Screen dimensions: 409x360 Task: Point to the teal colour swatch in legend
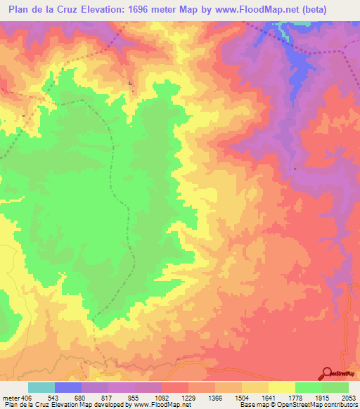[x=41, y=387]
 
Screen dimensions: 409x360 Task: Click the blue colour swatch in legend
[x=67, y=387]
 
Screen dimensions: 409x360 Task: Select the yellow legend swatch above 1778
[x=281, y=387]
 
